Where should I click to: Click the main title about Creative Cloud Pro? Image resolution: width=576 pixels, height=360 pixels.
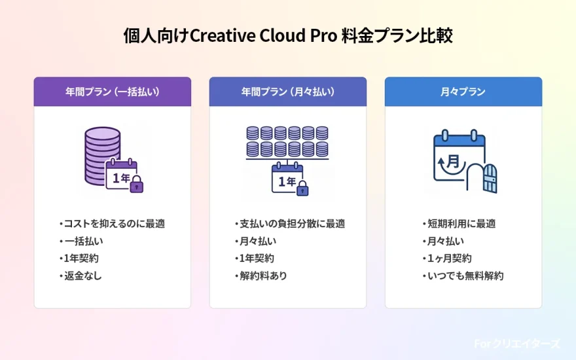tap(288, 36)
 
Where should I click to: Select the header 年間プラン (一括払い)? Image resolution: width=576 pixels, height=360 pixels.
tap(113, 92)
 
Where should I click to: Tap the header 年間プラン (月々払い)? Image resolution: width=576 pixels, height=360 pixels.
tap(288, 92)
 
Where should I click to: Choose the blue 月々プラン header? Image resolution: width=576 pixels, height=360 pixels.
tap(463, 92)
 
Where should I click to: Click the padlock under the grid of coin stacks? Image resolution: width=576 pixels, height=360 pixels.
tap(302, 189)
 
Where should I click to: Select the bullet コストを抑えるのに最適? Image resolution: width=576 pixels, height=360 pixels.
tap(112, 223)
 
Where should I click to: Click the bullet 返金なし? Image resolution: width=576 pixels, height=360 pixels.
tap(82, 276)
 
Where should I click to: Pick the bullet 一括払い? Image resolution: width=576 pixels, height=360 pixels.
tap(82, 241)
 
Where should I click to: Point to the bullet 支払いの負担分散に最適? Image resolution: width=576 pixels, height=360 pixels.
tap(290, 223)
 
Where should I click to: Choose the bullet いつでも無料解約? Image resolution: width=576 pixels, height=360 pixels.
tap(463, 276)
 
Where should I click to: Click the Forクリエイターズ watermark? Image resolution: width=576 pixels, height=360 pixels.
tap(517, 344)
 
